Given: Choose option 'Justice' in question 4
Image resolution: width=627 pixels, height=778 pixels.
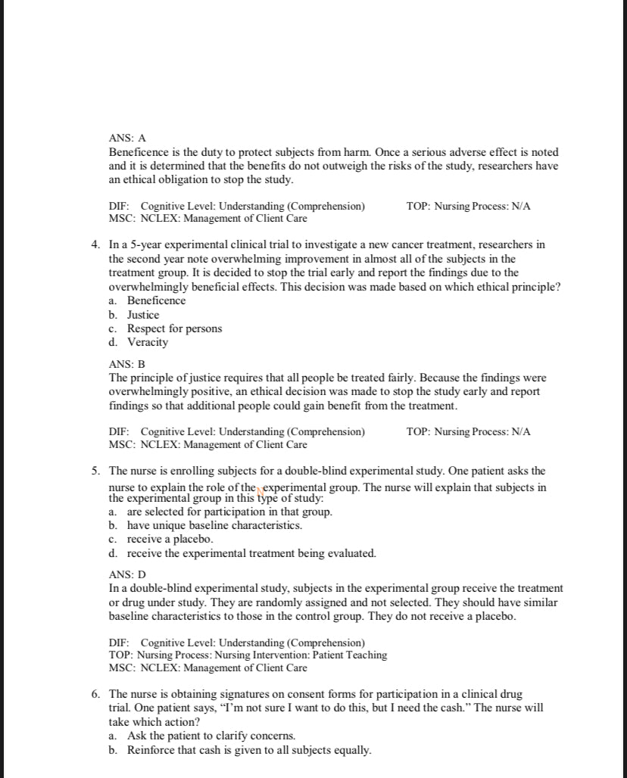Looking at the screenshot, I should [143, 315].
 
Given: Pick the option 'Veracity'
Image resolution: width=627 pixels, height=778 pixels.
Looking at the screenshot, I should [148, 342].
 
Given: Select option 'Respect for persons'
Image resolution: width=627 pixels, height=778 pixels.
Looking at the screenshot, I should [174, 328].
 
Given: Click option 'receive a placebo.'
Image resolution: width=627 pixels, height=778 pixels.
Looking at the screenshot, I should [170, 539].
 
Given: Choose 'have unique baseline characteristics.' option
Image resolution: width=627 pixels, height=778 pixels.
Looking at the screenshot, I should [214, 525].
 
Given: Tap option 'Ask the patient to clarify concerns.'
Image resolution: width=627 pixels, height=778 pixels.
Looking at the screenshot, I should [211, 736].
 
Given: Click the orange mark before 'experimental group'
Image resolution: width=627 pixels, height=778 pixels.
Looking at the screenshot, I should [260, 489].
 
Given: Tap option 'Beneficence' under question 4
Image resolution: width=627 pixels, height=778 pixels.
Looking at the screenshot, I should [156, 300].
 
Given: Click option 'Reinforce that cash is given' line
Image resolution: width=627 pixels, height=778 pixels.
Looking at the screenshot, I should [249, 750].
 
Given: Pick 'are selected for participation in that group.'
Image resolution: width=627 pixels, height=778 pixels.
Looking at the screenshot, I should [229, 512].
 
